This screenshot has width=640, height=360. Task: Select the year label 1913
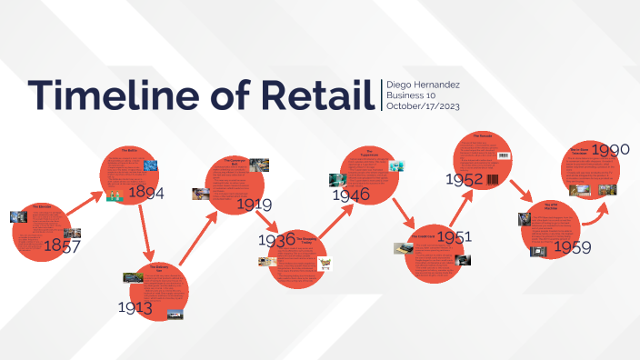click(135, 307)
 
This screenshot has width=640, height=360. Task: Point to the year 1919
click(254, 204)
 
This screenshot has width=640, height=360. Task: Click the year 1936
click(276, 240)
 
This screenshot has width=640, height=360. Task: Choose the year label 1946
click(350, 195)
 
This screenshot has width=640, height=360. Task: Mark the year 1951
click(454, 236)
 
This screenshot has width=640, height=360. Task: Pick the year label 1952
click(464, 179)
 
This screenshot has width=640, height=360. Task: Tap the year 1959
click(573, 247)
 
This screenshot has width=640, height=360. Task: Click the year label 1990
click(610, 149)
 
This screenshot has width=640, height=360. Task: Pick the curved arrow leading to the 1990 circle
click(595, 212)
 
